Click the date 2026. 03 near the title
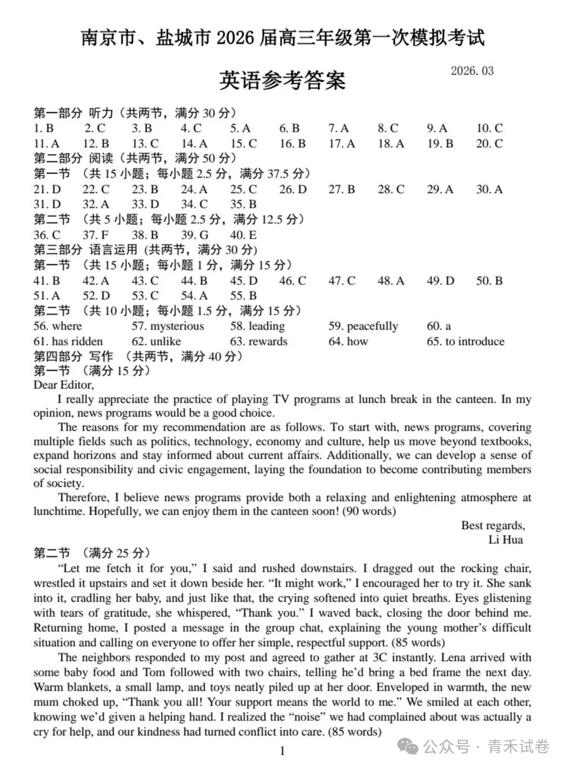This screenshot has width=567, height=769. pos(472,71)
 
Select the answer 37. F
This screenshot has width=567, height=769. pos(96,235)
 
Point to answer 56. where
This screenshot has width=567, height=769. pos(58,326)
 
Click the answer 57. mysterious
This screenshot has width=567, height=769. pos(167,326)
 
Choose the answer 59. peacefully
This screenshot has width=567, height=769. pos(363,326)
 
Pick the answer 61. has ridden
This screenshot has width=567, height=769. pos(68,341)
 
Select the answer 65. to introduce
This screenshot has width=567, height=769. pos(465,341)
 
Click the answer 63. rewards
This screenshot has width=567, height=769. pos(259,341)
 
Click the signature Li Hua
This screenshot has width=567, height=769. pos(506,540)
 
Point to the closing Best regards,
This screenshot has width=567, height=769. pos(493,525)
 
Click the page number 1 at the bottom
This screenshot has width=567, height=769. pos(282,751)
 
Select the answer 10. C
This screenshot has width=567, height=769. pos(489,128)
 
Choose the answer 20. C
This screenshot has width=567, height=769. pos(489,143)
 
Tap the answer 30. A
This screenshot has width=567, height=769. pos(489,189)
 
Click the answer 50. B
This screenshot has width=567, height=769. pos(489,280)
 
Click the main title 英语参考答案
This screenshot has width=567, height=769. pos(282,80)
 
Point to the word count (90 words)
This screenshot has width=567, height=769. pos(369,511)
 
